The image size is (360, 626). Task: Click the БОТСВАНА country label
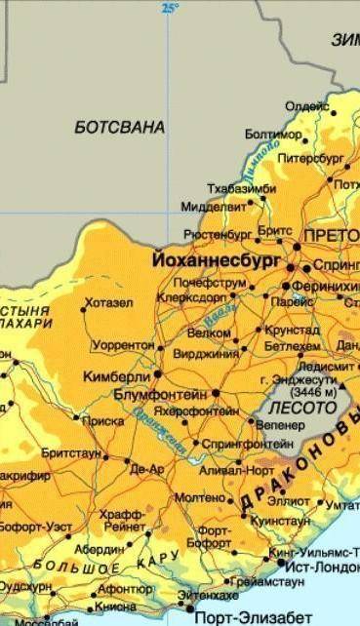click(x=119, y=127)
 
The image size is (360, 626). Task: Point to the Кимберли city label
click(x=117, y=374)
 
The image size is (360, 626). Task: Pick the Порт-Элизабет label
click(x=254, y=617)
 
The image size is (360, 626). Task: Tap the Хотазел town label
click(x=108, y=303)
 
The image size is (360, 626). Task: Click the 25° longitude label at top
click(x=171, y=8)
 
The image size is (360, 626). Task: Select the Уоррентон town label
click(x=125, y=346)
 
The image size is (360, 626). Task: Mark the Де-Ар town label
click(x=147, y=469)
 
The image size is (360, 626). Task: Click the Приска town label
click(x=104, y=421)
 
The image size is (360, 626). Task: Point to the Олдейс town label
click(x=306, y=106)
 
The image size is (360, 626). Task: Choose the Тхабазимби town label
click(x=236, y=187)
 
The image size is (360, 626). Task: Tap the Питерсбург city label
click(x=310, y=157)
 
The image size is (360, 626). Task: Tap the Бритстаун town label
click(x=71, y=454)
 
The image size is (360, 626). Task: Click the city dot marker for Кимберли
click(x=157, y=373)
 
